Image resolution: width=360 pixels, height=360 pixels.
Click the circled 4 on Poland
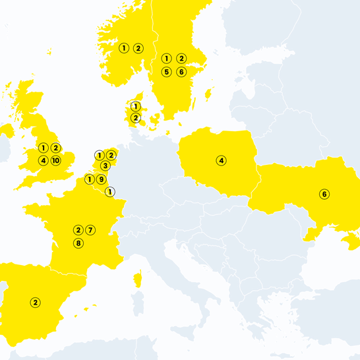pyautogui.click(x=222, y=160)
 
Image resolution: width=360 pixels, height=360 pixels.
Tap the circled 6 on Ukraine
pyautogui.click(x=324, y=194)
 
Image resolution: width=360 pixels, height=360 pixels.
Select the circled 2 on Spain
pyautogui.click(x=36, y=303)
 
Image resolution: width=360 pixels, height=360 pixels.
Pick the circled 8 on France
pyautogui.click(x=78, y=243)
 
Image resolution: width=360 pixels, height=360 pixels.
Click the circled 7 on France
pyautogui.click(x=91, y=229)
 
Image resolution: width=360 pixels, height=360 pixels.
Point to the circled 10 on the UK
pyautogui.click(x=55, y=160)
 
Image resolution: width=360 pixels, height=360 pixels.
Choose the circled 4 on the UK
pyautogui.click(x=43, y=160)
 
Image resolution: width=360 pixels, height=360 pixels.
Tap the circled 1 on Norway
pyautogui.click(x=123, y=47)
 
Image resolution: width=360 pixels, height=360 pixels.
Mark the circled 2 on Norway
pyautogui.click(x=138, y=47)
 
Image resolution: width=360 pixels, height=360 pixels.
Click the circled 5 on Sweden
pyautogui.click(x=167, y=71)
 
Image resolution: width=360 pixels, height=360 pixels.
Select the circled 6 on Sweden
pyautogui.click(x=181, y=71)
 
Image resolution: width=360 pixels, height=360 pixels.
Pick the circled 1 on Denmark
pyautogui.click(x=135, y=106)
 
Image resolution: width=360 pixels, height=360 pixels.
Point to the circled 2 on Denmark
pyautogui.click(x=135, y=118)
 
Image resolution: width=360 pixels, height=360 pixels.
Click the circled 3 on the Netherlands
pyautogui.click(x=105, y=165)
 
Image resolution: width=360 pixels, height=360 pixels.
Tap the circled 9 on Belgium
pyautogui.click(x=101, y=179)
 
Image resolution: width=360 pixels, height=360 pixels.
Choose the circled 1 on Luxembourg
pyautogui.click(x=110, y=191)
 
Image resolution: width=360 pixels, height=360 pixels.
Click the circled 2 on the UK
pyautogui.click(x=55, y=148)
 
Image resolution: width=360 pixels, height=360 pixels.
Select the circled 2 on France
pyautogui.click(x=78, y=229)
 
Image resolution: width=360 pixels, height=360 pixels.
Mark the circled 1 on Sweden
pyautogui.click(x=167, y=59)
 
